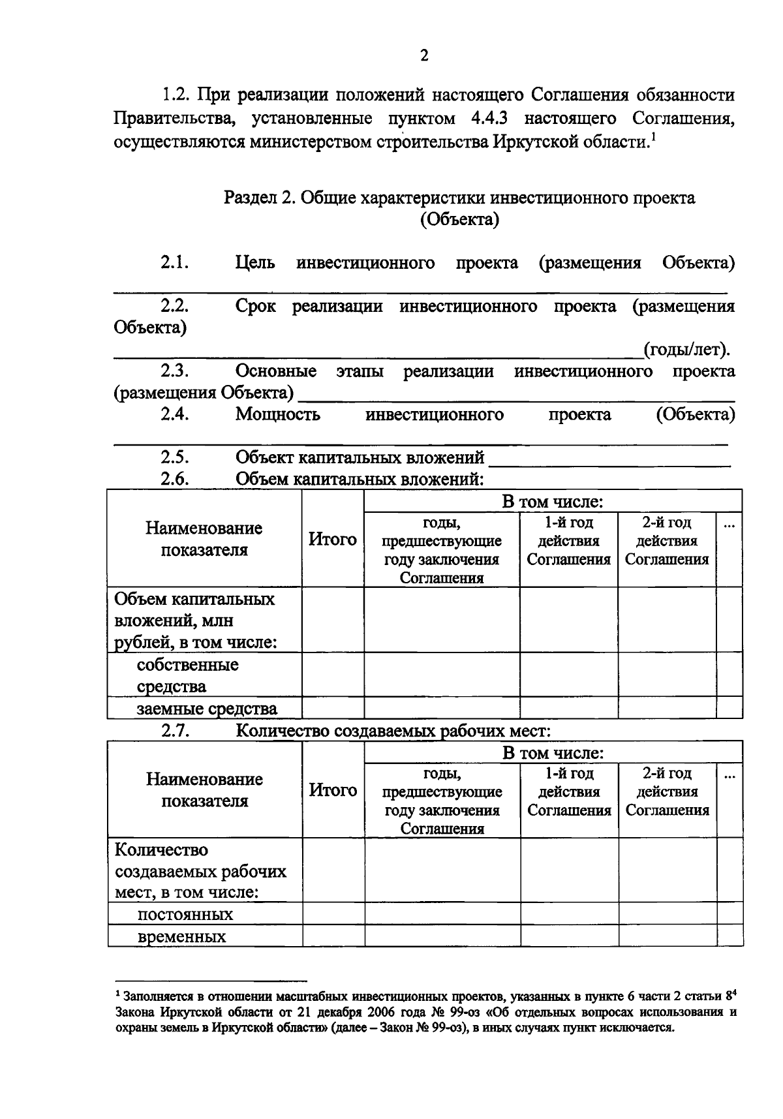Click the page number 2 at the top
(424, 56)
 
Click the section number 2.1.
(175, 263)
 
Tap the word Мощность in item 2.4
(277, 415)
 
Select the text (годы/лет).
(686, 350)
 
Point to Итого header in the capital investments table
(332, 540)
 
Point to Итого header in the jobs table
(333, 791)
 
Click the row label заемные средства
(207, 709)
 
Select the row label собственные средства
(187, 675)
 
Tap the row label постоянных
(185, 914)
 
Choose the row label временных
(181, 937)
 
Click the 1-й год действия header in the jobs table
(569, 791)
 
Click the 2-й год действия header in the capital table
(667, 541)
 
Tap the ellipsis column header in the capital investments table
(729, 523)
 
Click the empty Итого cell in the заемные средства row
(332, 708)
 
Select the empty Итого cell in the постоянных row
(333, 913)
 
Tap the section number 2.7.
(175, 731)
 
